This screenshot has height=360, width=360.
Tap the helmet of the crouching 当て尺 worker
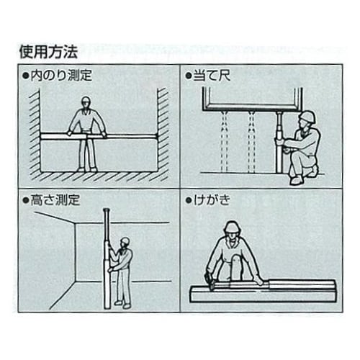tap(307, 117)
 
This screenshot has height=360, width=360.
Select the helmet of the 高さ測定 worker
tap(125, 241)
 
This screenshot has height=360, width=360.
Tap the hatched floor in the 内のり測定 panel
tap(97, 176)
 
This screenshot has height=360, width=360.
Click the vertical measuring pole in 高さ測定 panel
tap(107, 259)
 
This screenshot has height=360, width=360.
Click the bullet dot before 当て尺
tap(189, 76)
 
